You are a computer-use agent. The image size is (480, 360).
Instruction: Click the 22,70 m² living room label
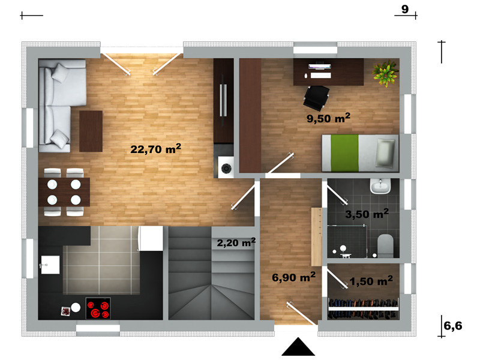coord(155,149)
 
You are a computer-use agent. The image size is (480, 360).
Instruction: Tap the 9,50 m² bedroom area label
coord(328,118)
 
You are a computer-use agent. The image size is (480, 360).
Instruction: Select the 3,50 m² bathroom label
coord(367,214)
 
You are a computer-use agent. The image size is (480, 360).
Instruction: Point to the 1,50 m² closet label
coord(371,281)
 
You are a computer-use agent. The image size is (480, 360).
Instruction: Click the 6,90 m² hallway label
coord(293,277)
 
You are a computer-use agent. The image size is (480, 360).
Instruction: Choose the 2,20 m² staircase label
coord(236,242)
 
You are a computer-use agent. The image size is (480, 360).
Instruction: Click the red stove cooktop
coord(98,308)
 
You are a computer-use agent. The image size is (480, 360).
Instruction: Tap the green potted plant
coord(385,73)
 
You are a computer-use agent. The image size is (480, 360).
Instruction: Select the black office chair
coord(317,98)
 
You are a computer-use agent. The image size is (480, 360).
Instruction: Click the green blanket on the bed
coord(344,153)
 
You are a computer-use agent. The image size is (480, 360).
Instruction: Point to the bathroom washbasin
coord(380,186)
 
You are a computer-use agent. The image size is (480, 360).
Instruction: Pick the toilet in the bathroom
coord(385,246)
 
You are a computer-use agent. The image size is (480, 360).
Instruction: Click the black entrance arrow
coord(298,347)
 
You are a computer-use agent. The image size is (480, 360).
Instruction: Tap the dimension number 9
coord(404,9)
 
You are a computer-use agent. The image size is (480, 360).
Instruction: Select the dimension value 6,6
coord(453,326)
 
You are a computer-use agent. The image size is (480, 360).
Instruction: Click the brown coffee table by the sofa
coord(91,131)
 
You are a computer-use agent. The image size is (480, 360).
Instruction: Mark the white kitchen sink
coord(50,265)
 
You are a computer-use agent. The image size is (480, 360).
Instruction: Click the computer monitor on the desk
coord(320,66)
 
